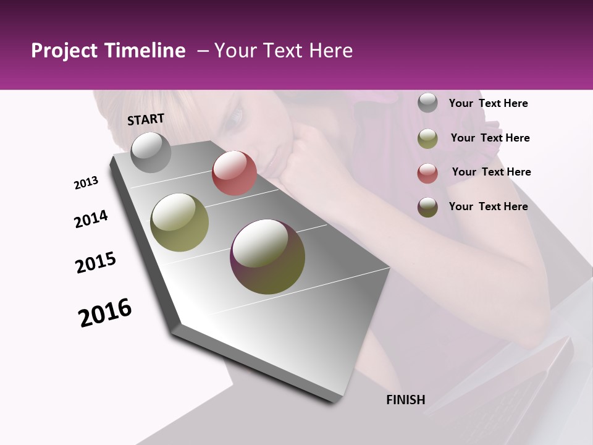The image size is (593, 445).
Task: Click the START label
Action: [x=146, y=119]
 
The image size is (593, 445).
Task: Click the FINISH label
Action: [x=406, y=400]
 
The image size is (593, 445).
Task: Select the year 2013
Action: [x=86, y=183]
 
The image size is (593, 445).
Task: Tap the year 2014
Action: [x=91, y=219]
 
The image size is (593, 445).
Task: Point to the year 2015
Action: [x=96, y=262]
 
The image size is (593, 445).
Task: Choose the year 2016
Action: [x=105, y=312]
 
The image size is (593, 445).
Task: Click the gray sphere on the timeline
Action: [x=151, y=152]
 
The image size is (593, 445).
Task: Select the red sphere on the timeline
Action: [x=234, y=173]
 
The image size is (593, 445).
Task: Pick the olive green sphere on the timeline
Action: [x=180, y=222]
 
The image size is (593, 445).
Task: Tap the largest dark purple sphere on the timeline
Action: [x=267, y=256]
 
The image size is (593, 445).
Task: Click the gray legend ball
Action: [x=427, y=103]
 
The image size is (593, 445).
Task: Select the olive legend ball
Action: [x=427, y=138]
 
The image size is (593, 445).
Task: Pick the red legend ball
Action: [x=427, y=173]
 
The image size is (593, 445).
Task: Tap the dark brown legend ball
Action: [x=427, y=207]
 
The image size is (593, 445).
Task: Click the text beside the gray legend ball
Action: [x=488, y=103]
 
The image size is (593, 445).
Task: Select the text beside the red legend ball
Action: [x=491, y=172]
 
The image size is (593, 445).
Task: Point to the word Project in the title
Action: [x=64, y=51]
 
